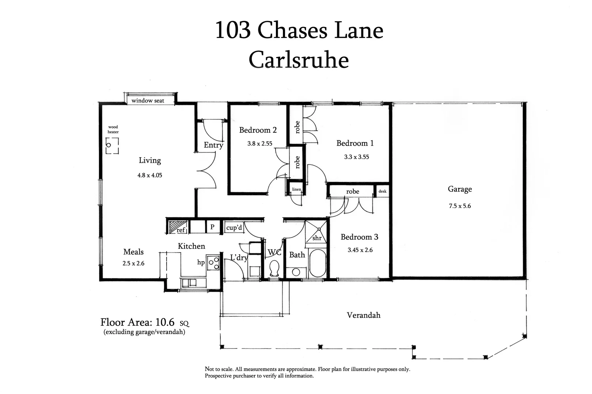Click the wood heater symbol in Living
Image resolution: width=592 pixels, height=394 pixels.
tap(112, 146)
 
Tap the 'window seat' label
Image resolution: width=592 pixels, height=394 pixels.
tap(148, 101)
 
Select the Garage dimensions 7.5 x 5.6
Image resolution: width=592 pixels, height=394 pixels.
tap(460, 206)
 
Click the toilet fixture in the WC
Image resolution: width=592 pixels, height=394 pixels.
tap(274, 269)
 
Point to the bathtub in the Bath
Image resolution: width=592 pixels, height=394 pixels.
tap(317, 263)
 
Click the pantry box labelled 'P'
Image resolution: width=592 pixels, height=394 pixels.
tap(212, 227)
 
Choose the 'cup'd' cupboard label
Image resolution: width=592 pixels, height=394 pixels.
tap(234, 228)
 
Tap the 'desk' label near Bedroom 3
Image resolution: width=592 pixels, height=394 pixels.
tap(382, 191)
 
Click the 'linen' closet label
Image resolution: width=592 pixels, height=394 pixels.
tap(296, 189)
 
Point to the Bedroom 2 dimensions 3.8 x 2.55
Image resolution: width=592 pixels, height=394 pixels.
tap(259, 144)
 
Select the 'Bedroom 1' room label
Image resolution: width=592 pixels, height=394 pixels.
tap(355, 143)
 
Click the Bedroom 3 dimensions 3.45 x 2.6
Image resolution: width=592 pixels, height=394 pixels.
tap(360, 250)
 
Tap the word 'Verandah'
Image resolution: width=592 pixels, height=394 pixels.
tap(363, 315)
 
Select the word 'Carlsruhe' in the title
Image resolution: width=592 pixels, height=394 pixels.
tap(299, 60)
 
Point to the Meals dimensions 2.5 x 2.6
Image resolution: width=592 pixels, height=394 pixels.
tap(133, 263)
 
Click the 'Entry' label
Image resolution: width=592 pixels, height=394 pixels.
tap(213, 145)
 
